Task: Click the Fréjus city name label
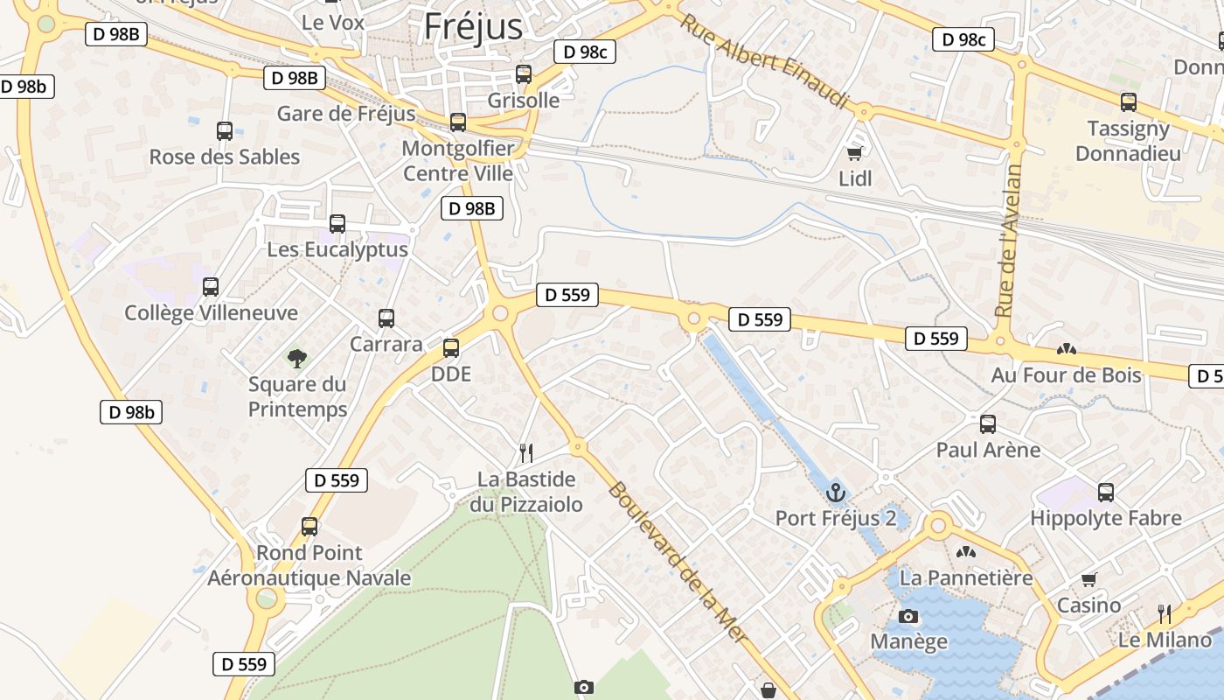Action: point(473,26)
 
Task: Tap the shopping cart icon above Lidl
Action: point(854,153)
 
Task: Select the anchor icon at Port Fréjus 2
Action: point(835,493)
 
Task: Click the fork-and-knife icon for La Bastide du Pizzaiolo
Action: point(525,452)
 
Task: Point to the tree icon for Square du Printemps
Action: point(297,358)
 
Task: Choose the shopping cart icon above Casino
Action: point(1088,579)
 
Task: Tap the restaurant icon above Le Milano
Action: point(1165,613)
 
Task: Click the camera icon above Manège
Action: point(908,616)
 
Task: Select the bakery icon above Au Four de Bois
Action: point(1066,349)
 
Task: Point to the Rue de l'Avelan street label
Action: point(1008,241)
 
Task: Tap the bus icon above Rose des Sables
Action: point(225,131)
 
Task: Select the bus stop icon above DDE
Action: point(451,348)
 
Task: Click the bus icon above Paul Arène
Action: point(988,424)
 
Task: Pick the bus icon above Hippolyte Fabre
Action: point(1106,493)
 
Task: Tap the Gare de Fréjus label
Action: point(346,114)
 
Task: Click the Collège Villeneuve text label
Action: point(211,313)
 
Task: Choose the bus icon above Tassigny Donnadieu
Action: point(1129,102)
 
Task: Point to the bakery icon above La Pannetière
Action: point(965,552)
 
